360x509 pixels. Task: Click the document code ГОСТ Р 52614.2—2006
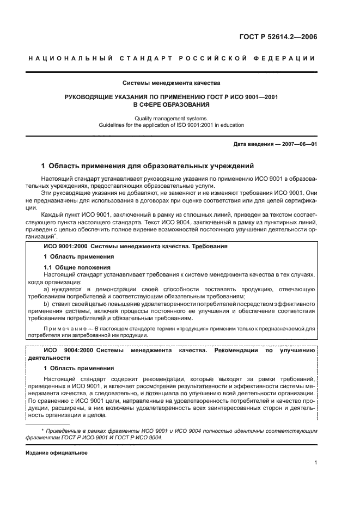click(278, 38)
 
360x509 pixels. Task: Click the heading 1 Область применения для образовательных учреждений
click(147, 165)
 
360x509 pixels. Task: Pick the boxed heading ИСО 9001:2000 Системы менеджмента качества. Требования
click(136, 247)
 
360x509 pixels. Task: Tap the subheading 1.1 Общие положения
click(77, 267)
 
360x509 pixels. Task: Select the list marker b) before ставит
click(47, 303)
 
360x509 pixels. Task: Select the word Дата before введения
click(241, 144)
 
